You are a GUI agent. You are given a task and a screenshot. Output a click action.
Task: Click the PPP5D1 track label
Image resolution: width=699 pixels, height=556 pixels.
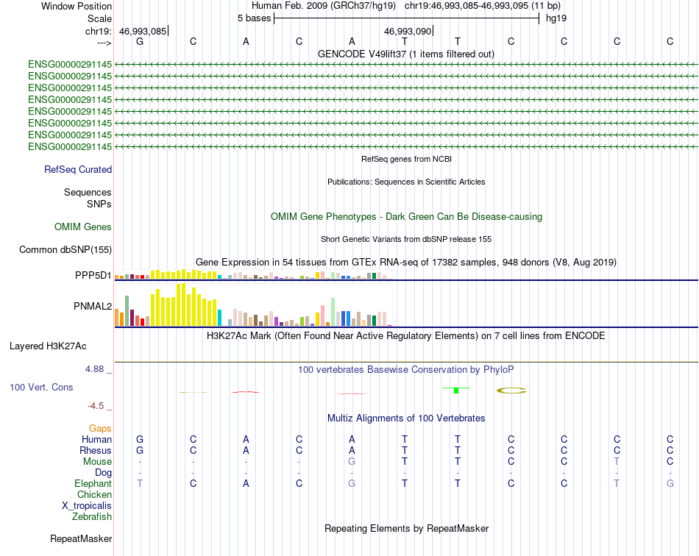pyautogui.click(x=93, y=275)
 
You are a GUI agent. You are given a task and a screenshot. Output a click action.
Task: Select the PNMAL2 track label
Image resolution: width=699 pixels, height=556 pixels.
pyautogui.click(x=93, y=306)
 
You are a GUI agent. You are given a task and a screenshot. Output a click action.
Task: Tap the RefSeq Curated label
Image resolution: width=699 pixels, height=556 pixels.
pyautogui.click(x=78, y=169)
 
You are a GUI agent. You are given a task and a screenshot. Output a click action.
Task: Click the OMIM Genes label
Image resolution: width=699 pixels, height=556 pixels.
pyautogui.click(x=83, y=227)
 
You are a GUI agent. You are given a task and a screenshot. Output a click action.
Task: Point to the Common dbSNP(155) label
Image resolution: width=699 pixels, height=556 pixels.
pyautogui.click(x=65, y=249)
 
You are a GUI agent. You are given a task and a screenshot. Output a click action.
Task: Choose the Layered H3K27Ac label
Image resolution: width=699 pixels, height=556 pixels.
pyautogui.click(x=48, y=346)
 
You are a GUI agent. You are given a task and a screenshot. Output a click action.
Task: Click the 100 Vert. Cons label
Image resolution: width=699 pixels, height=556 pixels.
pyautogui.click(x=41, y=387)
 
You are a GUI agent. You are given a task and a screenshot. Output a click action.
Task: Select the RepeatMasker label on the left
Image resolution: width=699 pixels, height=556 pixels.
pyautogui.click(x=81, y=538)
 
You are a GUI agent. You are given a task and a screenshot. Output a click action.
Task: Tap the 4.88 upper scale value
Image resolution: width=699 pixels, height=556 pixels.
pyautogui.click(x=94, y=369)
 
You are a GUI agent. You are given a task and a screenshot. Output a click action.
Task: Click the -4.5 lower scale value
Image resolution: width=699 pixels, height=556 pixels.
pyautogui.click(x=96, y=405)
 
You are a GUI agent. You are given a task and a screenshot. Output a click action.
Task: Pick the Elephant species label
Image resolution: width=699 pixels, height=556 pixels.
pyautogui.click(x=93, y=483)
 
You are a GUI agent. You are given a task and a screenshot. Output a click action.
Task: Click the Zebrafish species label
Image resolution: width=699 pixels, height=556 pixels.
pyautogui.click(x=92, y=517)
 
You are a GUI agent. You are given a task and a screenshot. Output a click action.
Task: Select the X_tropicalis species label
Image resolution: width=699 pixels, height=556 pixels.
pyautogui.click(x=87, y=506)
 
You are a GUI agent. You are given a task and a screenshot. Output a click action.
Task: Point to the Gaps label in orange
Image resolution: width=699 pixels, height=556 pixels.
pyautogui.click(x=100, y=428)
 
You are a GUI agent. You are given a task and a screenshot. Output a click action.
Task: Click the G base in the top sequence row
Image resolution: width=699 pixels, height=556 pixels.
pyautogui.click(x=140, y=41)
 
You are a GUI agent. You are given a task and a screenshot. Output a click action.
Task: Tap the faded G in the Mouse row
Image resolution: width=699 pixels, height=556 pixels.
pyautogui.click(x=352, y=462)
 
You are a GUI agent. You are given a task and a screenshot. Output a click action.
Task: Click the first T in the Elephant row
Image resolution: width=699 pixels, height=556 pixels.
pyautogui.click(x=140, y=483)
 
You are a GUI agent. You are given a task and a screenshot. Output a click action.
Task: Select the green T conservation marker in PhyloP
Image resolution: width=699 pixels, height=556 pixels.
pyautogui.click(x=456, y=390)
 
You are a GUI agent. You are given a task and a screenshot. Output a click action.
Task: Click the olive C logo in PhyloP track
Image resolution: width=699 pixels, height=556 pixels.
pyautogui.click(x=511, y=391)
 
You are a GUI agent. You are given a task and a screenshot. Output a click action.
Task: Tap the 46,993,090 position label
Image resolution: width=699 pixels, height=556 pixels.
pyautogui.click(x=408, y=32)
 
